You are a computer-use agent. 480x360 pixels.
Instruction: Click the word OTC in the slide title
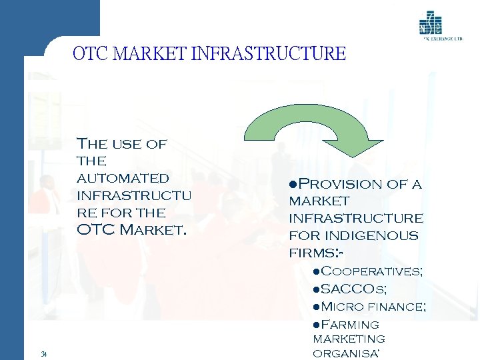tap(89, 53)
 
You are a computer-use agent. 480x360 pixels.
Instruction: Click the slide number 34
tap(43, 353)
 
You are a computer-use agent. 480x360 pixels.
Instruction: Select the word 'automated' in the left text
tap(123, 178)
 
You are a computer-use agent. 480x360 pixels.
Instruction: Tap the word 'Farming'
tap(350, 324)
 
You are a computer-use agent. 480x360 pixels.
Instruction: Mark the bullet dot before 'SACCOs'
tap(317, 289)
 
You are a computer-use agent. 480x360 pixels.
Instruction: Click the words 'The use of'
tap(122, 143)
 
